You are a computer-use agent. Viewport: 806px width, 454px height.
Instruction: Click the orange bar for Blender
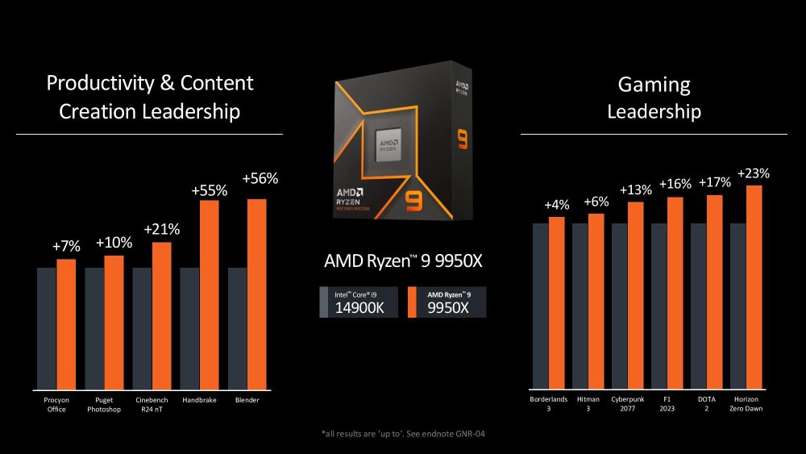pyautogui.click(x=256, y=294)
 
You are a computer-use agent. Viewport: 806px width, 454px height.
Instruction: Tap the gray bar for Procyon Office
pyautogui.click(x=46, y=327)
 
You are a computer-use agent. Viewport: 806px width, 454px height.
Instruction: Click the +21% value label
pyautogui.click(x=161, y=230)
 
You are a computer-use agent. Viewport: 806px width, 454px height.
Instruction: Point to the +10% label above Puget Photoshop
pyautogui.click(x=114, y=243)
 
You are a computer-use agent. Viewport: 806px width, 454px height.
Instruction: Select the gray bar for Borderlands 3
pyautogui.click(x=540, y=306)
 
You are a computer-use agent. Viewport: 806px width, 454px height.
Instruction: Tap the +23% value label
pyautogui.click(x=754, y=173)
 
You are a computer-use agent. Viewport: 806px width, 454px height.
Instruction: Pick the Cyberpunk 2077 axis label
pyautogui.click(x=628, y=403)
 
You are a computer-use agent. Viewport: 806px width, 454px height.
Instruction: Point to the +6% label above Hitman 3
pyautogui.click(x=596, y=202)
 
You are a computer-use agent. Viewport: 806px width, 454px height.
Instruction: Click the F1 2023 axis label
pyautogui.click(x=667, y=403)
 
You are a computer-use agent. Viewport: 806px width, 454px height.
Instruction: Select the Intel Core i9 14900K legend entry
pyautogui.click(x=359, y=302)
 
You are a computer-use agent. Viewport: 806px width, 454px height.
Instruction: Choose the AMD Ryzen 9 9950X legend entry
pyautogui.click(x=447, y=302)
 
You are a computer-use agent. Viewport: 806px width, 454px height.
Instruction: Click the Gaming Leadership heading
pyautogui.click(x=654, y=98)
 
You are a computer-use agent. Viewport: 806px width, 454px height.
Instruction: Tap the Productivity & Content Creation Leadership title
pyautogui.click(x=150, y=96)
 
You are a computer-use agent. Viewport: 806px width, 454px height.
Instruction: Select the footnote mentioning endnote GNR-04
pyautogui.click(x=403, y=434)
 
